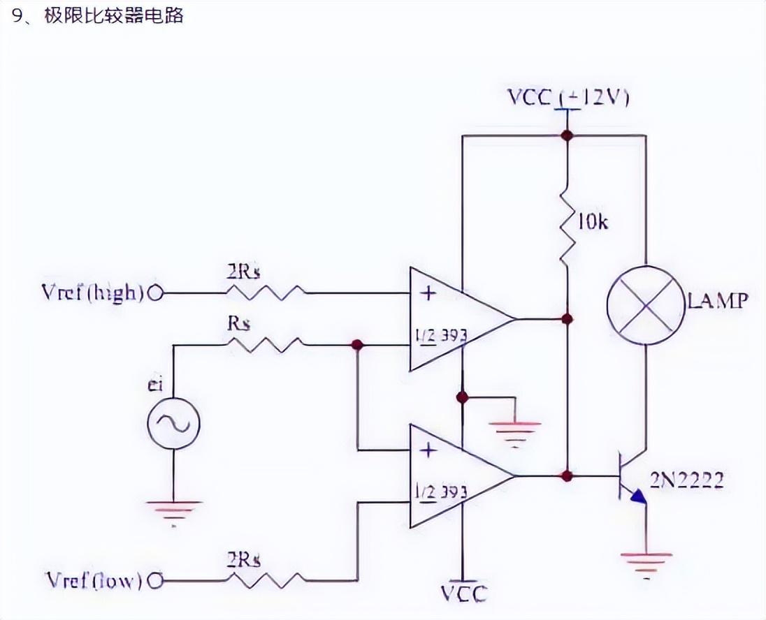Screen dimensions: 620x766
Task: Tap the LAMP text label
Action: (x=718, y=302)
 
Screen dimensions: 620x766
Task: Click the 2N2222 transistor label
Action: (x=687, y=480)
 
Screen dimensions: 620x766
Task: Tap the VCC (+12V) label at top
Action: (x=568, y=98)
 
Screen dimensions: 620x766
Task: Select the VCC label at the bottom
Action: (x=463, y=593)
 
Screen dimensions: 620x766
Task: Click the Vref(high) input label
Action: (x=93, y=293)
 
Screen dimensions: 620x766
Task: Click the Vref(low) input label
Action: (x=94, y=580)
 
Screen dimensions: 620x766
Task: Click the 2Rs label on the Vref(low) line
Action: (x=245, y=559)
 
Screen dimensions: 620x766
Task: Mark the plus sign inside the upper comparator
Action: (x=428, y=293)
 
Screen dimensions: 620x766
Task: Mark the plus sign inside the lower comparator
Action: (x=428, y=450)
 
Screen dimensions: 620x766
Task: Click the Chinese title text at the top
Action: (x=98, y=15)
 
